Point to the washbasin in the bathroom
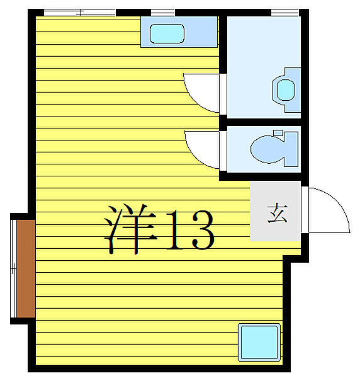pyautogui.click(x=286, y=89)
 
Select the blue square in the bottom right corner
pyautogui.click(x=259, y=341)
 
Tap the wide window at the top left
pyautogui.click(x=79, y=12)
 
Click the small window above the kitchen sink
pyautogui.click(x=162, y=12)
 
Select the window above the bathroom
pyautogui.click(x=284, y=12)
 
